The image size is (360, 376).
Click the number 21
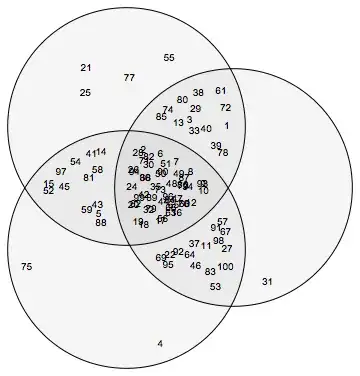tap(85, 68)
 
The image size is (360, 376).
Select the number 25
tap(85, 92)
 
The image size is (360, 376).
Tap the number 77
tap(129, 78)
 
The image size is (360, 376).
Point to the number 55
tap(169, 58)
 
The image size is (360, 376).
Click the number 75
tap(26, 266)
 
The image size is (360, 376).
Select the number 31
tap(267, 282)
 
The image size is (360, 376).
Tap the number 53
tap(215, 287)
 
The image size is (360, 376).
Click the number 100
tap(225, 266)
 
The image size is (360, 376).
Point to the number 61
tap(221, 91)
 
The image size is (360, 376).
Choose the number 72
tap(225, 107)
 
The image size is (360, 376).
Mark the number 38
tap(198, 92)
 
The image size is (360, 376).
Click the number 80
tap(182, 100)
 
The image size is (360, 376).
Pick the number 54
tap(75, 162)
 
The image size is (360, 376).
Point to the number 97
tap(61, 172)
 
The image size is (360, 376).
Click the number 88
tap(101, 222)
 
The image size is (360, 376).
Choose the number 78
tap(223, 153)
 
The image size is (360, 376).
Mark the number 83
tap(210, 271)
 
